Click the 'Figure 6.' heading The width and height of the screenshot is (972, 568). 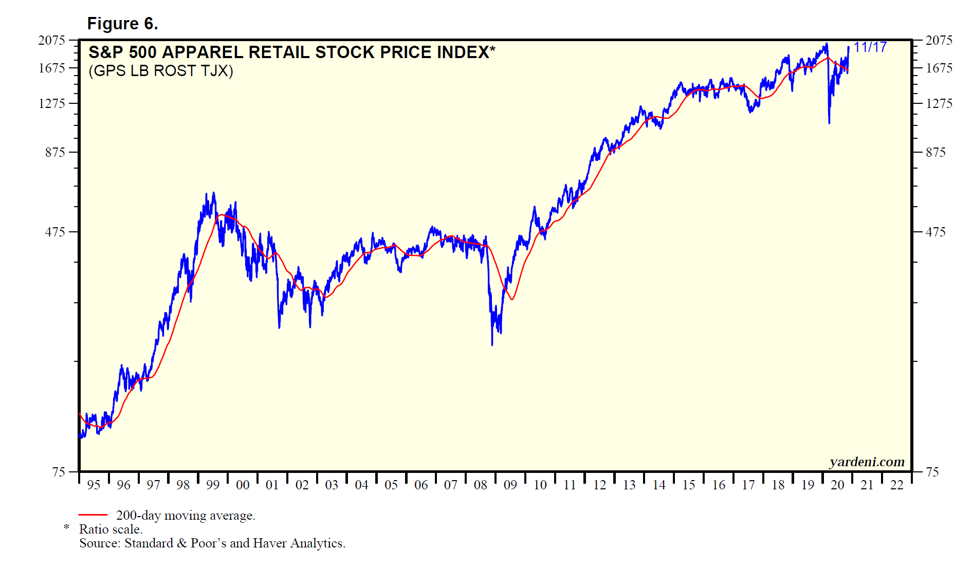click(122, 24)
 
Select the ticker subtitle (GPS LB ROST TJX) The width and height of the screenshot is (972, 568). click(161, 71)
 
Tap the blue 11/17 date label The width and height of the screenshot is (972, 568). click(870, 47)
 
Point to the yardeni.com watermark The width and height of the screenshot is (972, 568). click(867, 462)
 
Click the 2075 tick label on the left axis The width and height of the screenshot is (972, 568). click(52, 40)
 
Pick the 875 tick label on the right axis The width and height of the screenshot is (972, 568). click(936, 152)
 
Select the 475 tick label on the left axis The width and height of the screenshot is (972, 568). click(55, 232)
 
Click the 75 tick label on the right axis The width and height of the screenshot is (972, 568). click(932, 472)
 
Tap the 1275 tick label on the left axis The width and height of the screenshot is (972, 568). click(52, 103)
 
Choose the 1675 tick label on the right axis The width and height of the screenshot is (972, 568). click(939, 68)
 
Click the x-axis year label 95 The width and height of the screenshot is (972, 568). click(94, 485)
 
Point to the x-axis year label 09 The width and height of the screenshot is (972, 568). click(510, 485)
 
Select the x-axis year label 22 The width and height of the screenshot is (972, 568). click(896, 485)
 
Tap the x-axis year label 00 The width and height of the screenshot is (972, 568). click(242, 485)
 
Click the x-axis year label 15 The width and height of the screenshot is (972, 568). click(688, 485)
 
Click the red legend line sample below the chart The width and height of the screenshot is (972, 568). click(93, 515)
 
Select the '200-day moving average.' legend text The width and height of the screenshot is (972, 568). click(186, 515)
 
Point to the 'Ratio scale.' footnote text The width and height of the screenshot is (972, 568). click(111, 529)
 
